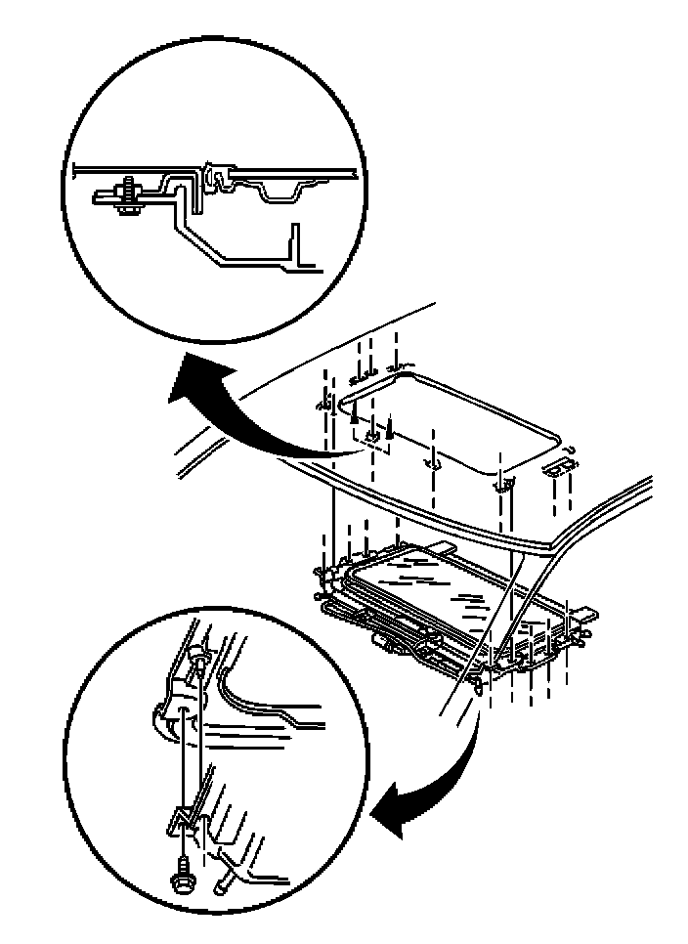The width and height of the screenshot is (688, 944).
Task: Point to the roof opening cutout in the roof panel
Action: pyautogui.click(x=450, y=420)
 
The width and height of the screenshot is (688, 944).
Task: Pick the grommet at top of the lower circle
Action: pyautogui.click(x=199, y=665)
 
